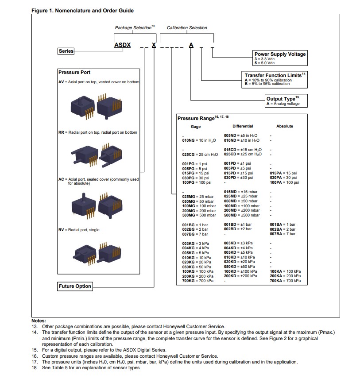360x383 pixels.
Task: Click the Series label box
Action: click(x=66, y=51)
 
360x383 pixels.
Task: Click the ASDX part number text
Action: click(x=122, y=45)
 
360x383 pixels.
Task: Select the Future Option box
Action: click(x=75, y=286)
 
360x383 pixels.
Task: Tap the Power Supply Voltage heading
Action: click(x=280, y=54)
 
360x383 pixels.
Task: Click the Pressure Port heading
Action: click(x=74, y=72)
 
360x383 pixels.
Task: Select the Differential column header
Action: click(x=243, y=126)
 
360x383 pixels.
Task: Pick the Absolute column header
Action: click(x=284, y=126)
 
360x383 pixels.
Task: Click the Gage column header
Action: click(x=195, y=127)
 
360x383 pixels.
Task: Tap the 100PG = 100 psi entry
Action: click(x=197, y=182)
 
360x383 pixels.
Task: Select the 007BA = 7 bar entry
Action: click(x=283, y=234)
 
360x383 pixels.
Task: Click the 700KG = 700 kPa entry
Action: click(x=197, y=281)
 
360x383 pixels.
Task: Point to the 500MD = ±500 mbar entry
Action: click(x=242, y=215)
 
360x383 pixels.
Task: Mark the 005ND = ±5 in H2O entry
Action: click(x=240, y=135)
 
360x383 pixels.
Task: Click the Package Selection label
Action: click(x=133, y=28)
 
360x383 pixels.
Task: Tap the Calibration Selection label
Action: click(x=187, y=28)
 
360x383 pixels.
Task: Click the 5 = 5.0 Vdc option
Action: click(x=264, y=63)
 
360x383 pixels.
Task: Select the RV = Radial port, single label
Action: click(x=79, y=230)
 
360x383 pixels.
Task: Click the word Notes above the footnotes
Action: click(x=39, y=321)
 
